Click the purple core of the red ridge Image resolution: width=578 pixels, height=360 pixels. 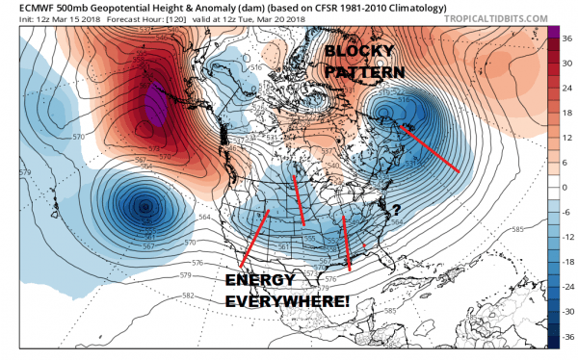(x=150, y=104)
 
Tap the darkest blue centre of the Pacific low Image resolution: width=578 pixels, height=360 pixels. (x=143, y=206)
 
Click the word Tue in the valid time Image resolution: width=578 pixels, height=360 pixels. (x=254, y=22)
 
